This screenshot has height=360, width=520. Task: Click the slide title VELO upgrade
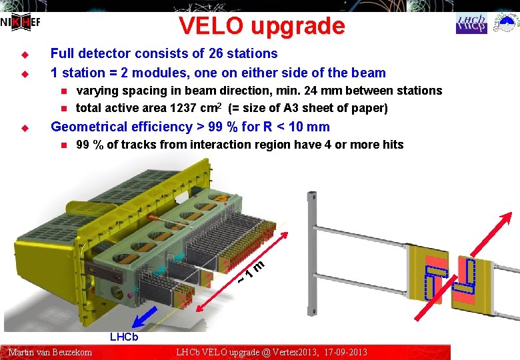(x=261, y=26)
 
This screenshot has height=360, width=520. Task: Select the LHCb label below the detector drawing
(x=124, y=337)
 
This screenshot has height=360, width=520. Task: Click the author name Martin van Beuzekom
(x=50, y=352)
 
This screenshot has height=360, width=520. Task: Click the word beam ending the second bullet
(x=369, y=73)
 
